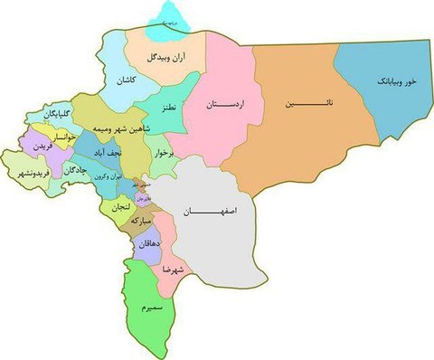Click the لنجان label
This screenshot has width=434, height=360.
tap(121, 207)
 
